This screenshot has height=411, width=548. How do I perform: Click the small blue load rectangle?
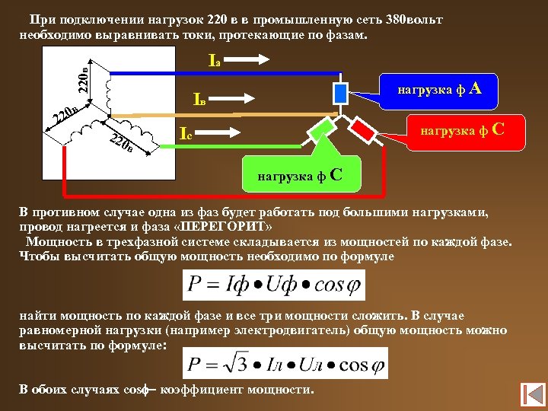[x=341, y=92]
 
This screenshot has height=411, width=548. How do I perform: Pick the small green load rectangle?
[x=319, y=130]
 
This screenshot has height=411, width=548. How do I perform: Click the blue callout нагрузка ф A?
[x=438, y=90]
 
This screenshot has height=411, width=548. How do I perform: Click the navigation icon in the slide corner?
[x=530, y=394]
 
